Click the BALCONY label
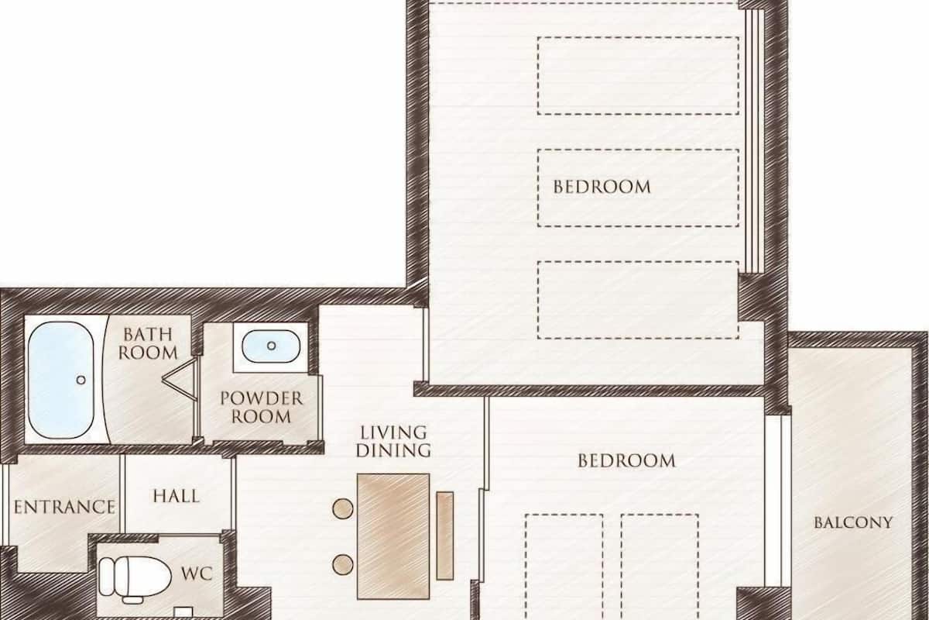tap(853, 522)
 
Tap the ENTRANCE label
tap(65, 507)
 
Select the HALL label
tap(177, 496)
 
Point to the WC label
tap(197, 574)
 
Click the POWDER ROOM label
tap(262, 408)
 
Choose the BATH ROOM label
tap(148, 343)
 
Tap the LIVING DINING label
tap(393, 442)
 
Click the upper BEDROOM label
tap(602, 188)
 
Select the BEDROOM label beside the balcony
tap(626, 461)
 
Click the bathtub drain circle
tap(81, 380)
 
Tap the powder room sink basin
tap(271, 346)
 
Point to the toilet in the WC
tap(135, 578)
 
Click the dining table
tap(393, 536)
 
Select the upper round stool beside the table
tap(342, 508)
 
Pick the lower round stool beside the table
tap(342, 565)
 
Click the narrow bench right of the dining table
tap(444, 536)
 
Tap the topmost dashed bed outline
tap(638, 76)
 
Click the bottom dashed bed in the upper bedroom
tap(638, 300)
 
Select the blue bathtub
tap(60, 380)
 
